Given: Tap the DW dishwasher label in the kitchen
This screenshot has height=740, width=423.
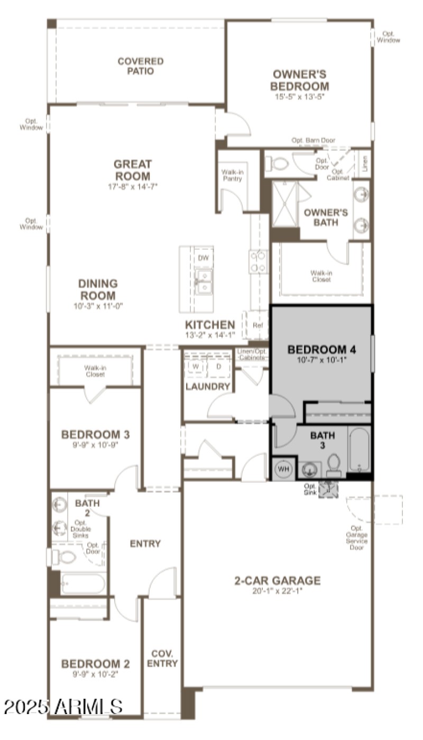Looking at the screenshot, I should (x=202, y=258).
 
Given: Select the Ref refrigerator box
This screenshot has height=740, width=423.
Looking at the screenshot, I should (x=258, y=325).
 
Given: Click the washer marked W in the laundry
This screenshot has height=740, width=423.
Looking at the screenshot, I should (x=195, y=366).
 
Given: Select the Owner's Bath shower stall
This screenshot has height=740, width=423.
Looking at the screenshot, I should (x=285, y=204).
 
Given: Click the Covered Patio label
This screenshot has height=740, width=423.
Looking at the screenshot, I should (x=140, y=66).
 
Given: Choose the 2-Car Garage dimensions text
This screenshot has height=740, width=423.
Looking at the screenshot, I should (x=277, y=591).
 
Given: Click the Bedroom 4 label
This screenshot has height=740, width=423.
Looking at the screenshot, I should (x=321, y=350).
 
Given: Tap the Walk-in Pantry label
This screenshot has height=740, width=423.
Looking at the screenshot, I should (x=232, y=176).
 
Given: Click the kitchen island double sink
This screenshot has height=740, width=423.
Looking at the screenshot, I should (x=203, y=280).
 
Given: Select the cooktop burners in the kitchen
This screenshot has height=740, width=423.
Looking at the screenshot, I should (x=259, y=262).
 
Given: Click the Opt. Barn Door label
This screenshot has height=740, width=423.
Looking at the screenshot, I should (x=313, y=140).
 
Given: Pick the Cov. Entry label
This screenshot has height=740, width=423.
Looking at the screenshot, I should (x=162, y=659).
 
